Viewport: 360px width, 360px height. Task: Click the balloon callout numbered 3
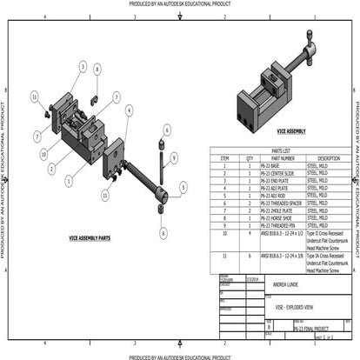click(x=81, y=66)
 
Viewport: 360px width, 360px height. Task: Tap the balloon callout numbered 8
click(x=97, y=69)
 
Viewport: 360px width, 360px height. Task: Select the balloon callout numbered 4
click(x=129, y=110)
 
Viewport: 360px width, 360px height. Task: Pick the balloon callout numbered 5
click(x=183, y=186)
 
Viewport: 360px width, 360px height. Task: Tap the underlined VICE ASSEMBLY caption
click(x=290, y=131)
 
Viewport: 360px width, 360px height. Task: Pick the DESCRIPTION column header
click(x=328, y=158)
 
